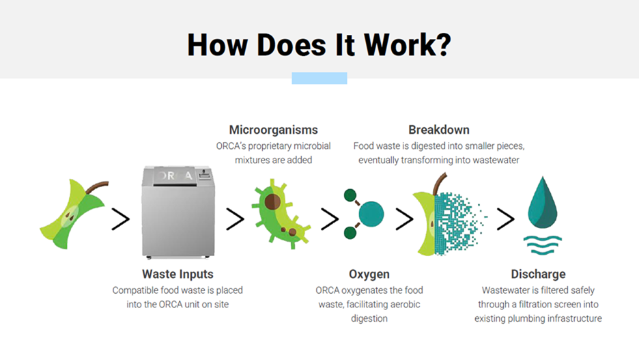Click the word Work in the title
[x=408, y=45]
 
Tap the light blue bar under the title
[x=319, y=78]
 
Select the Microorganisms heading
[x=274, y=130]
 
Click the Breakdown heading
[x=439, y=130]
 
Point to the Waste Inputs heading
[x=177, y=274]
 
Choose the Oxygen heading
[x=369, y=274]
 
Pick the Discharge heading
[x=539, y=274]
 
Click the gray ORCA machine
[x=178, y=212]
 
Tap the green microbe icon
[x=281, y=214]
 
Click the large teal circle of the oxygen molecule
[x=371, y=214]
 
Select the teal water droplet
[x=543, y=203]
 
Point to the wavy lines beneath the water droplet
[x=543, y=245]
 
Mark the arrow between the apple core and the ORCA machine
[x=121, y=219]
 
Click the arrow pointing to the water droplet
[x=505, y=219]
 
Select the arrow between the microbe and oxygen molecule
[x=330, y=219]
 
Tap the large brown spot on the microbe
[x=272, y=202]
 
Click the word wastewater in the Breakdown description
[x=496, y=161]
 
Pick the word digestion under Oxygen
[x=369, y=318]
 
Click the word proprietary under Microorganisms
[x=270, y=146]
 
